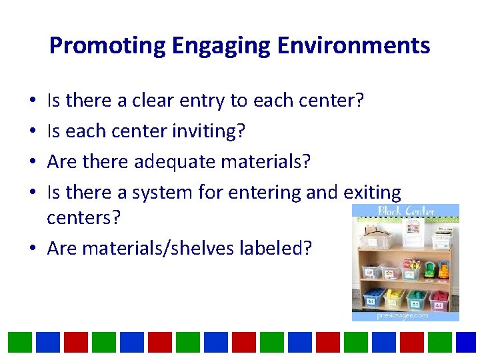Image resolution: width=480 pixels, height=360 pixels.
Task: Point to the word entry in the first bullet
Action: [202, 101]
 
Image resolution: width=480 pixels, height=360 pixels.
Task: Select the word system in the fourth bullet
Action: [163, 193]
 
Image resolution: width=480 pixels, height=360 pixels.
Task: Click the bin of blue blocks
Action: [375, 297]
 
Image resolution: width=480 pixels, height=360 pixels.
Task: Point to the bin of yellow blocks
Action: [396, 297]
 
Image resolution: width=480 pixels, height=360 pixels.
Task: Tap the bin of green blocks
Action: [418, 298]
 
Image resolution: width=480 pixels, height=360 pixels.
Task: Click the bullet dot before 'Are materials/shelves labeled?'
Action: [33, 249]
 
